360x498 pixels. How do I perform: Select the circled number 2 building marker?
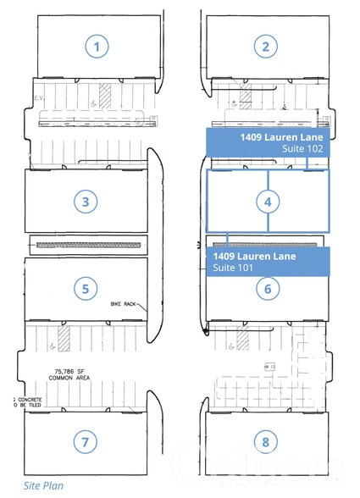coord(266,47)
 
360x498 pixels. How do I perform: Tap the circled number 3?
coord(86,202)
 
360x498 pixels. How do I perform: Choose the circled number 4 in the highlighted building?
coord(268,202)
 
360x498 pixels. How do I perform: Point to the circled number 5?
coord(86,289)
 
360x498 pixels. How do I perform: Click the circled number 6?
coord(268,289)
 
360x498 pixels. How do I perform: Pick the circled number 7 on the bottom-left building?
coord(86,442)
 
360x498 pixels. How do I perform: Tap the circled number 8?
coord(268,442)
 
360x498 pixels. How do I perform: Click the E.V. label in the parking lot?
coord(40,98)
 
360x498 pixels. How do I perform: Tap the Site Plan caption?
coord(43,486)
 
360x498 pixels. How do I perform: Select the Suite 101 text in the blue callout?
coord(234,268)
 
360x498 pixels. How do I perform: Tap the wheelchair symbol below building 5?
coord(53,345)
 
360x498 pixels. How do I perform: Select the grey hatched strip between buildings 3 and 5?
coord(85,245)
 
